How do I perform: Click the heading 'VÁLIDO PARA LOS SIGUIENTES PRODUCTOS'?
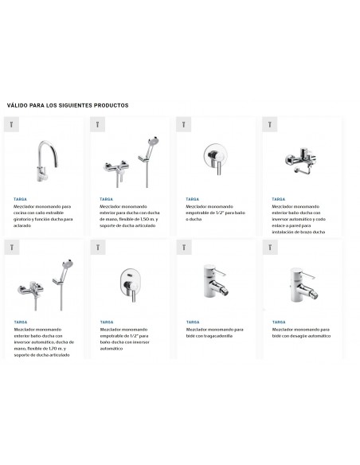coord(68,105)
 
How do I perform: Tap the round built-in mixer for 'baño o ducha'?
coord(215,156)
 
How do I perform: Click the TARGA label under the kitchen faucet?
coord(20,198)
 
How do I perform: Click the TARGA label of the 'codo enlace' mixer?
coord(278,198)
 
